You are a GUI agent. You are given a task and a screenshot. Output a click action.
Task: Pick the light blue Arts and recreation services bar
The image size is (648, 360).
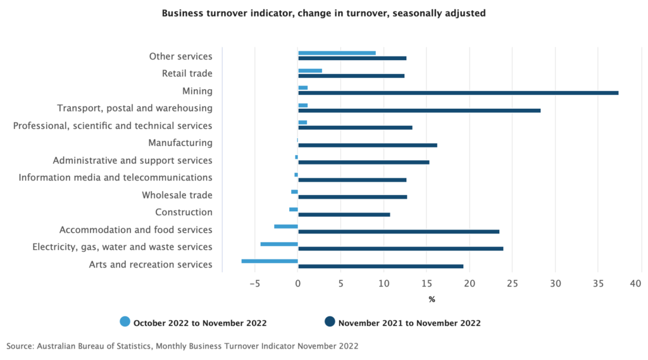click(x=270, y=261)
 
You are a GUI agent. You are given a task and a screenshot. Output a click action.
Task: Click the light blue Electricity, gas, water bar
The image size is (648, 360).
click(x=279, y=244)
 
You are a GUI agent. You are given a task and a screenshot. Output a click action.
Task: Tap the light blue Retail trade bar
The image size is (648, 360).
click(x=310, y=70)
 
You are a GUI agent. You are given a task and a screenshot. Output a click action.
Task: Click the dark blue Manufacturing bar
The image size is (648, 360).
click(x=367, y=145)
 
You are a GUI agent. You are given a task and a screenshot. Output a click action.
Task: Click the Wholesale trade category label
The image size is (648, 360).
click(x=177, y=195)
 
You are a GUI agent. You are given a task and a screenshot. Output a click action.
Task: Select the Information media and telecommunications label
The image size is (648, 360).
click(x=115, y=178)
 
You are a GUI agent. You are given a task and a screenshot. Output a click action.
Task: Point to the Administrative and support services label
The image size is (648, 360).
click(x=132, y=161)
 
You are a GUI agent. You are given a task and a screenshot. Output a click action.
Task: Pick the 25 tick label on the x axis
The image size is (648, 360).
click(x=513, y=283)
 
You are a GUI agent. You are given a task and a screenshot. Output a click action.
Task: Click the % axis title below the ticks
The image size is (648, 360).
click(x=432, y=299)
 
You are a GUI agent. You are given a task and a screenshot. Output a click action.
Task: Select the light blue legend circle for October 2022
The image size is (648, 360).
click(x=125, y=323)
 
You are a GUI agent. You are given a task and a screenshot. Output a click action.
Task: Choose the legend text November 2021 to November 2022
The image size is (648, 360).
click(x=409, y=323)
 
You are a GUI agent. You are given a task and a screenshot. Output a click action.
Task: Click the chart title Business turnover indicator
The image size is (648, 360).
click(x=323, y=13)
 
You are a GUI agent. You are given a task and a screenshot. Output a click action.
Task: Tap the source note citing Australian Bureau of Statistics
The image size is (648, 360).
click(x=182, y=346)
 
